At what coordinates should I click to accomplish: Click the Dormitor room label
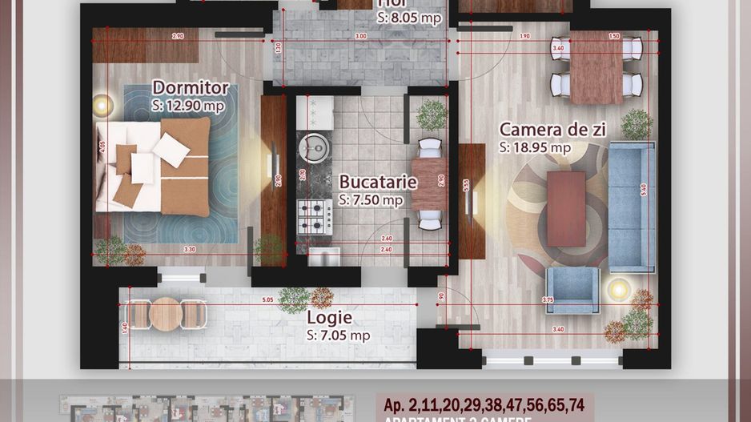(191, 88)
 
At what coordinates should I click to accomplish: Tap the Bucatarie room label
(377, 182)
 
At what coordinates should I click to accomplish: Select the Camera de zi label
(552, 130)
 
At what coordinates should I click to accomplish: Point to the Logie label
(330, 318)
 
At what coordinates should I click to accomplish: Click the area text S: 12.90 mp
(187, 105)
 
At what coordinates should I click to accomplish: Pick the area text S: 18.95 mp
(534, 147)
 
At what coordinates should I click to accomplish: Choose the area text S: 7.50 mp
(371, 199)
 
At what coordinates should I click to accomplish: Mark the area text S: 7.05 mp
(338, 336)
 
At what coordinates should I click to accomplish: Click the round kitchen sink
(311, 147)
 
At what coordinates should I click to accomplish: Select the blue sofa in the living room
(632, 207)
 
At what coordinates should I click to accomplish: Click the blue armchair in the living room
(572, 289)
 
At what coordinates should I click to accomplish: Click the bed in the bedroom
(154, 167)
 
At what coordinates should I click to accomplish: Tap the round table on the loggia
(166, 313)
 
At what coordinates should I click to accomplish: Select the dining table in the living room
(596, 70)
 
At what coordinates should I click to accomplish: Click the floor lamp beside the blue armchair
(618, 288)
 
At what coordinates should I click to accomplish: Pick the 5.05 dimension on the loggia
(267, 301)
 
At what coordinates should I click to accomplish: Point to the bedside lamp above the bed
(102, 104)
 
